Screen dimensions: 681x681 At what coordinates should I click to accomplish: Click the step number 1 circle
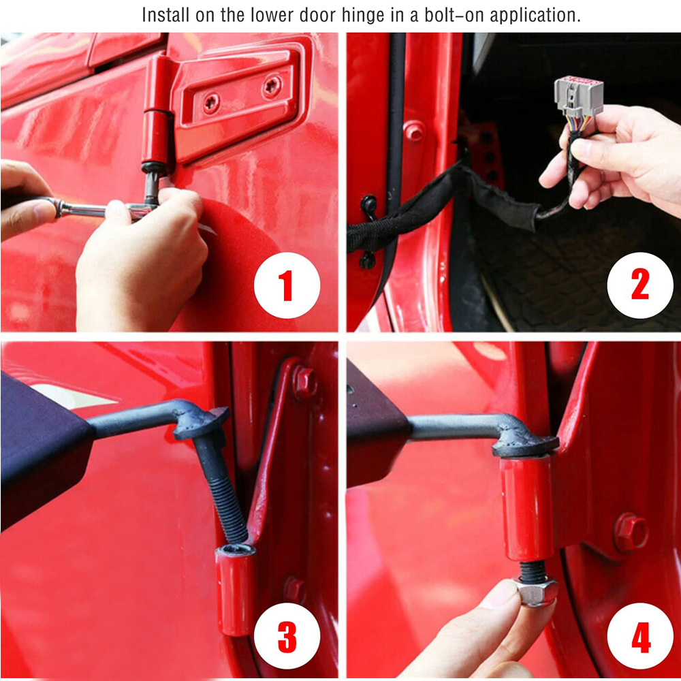tap(287, 285)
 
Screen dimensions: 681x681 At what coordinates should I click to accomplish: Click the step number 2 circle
tap(639, 285)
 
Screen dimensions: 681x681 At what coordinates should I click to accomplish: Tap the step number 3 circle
tap(287, 636)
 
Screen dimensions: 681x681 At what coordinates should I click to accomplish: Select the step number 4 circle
tap(639, 636)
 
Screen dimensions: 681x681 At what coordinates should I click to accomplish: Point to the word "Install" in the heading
tap(166, 15)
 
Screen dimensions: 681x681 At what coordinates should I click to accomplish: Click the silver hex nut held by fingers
tap(535, 590)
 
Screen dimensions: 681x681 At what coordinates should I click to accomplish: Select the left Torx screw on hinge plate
tap(212, 103)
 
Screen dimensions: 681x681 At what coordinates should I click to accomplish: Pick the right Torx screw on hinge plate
tap(272, 86)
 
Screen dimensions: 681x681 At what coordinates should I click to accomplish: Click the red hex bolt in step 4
tap(631, 532)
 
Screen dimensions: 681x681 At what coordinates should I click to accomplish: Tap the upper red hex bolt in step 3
tap(304, 382)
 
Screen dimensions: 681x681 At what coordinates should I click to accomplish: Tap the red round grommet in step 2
tap(413, 131)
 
